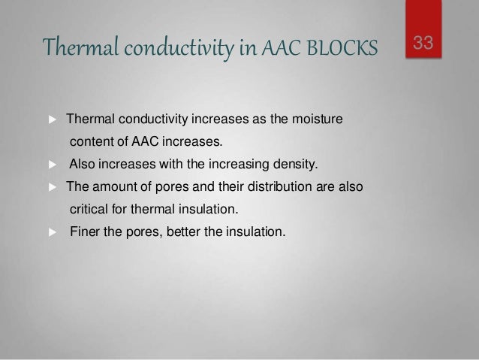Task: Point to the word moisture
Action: click(x=316, y=119)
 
